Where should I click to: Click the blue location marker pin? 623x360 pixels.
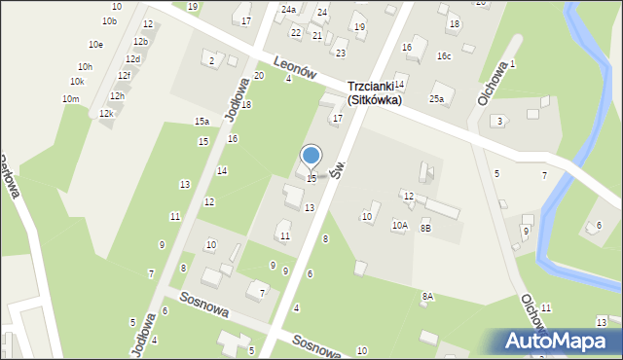(311, 156)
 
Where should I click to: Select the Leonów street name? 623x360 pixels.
(297, 66)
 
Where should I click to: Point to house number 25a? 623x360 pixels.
(437, 99)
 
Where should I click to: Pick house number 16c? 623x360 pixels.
(444, 56)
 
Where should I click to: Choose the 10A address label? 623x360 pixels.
(399, 226)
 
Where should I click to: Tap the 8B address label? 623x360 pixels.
(425, 228)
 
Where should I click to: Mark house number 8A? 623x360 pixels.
(427, 296)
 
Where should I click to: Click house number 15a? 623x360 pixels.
(202, 122)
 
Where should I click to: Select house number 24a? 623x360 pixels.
(288, 10)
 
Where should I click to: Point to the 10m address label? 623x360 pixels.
(70, 99)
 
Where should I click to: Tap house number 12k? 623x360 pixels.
(106, 114)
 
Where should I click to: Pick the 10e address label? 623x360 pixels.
(95, 45)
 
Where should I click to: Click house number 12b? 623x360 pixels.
(140, 42)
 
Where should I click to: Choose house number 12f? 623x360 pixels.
(124, 76)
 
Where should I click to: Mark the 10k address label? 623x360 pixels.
(77, 82)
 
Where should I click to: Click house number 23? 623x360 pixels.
(340, 53)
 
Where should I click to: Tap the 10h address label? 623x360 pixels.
(86, 67)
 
